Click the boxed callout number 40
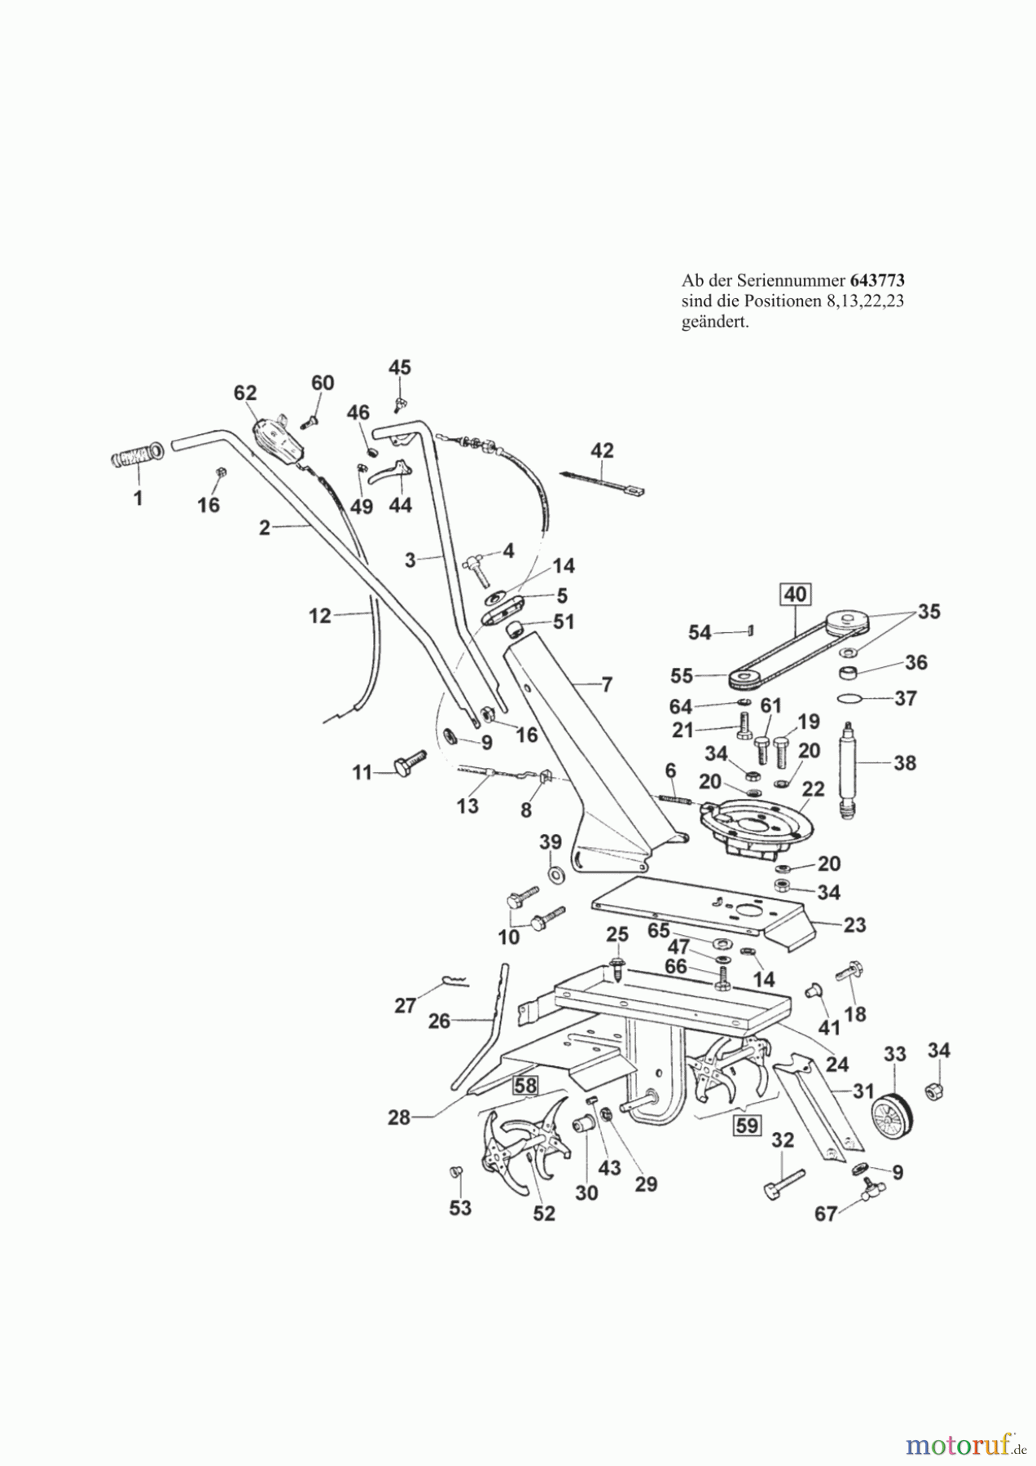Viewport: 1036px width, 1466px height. tap(795, 595)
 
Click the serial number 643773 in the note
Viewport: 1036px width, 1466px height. tap(877, 280)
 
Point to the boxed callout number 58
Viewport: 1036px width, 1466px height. tap(525, 1085)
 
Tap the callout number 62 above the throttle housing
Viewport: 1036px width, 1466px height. tap(245, 393)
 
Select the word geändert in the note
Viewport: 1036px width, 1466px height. tap(714, 323)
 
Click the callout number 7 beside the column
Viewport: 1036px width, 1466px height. tap(607, 685)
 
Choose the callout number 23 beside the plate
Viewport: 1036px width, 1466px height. tap(854, 925)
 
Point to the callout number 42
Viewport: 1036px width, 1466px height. tap(602, 450)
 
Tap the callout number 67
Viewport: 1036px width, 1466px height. tap(826, 1214)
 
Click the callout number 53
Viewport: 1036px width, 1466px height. tap(460, 1208)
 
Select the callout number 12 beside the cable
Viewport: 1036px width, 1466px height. tap(320, 616)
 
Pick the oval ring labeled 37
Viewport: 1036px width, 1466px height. tap(853, 698)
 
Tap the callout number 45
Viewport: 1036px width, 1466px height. tap(400, 367)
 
